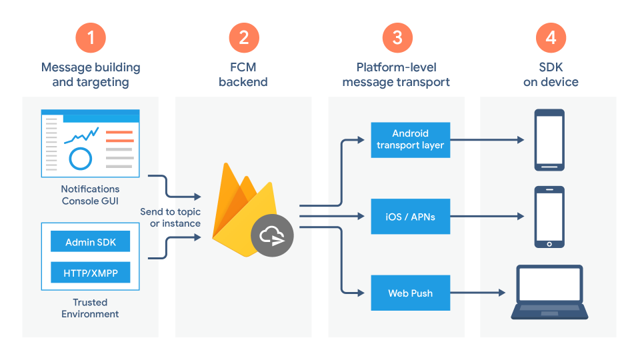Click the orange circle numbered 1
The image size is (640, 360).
point(91,37)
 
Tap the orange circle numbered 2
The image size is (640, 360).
point(243,37)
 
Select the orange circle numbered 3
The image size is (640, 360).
point(397,37)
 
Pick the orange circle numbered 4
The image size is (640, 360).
point(551,37)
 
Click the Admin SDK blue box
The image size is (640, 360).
point(91,242)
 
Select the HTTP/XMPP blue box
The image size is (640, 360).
point(91,273)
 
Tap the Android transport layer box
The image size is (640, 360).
point(410,140)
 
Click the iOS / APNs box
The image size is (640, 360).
point(410,216)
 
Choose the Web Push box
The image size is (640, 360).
point(410,293)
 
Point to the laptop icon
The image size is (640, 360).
point(550,293)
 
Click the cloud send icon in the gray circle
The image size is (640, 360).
point(273,235)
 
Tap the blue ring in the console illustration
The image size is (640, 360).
point(80,159)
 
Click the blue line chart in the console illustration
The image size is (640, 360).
point(81,135)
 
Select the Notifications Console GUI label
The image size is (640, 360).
point(91,195)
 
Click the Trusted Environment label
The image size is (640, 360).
point(91,308)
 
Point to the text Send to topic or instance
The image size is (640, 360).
point(170,217)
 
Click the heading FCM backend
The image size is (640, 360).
point(243,75)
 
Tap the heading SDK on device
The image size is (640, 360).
point(551,75)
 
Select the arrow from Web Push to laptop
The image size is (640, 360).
point(477,293)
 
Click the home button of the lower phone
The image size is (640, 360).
point(549,243)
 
